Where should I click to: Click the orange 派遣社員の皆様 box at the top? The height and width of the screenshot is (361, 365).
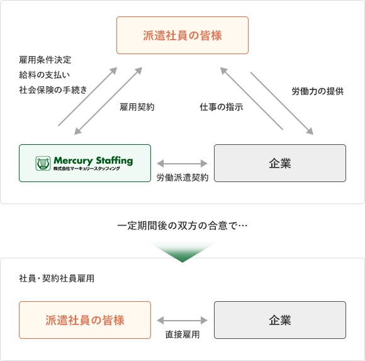182,35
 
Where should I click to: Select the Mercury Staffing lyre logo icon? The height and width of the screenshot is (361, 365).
43,163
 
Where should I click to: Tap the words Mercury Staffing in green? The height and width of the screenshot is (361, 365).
93,161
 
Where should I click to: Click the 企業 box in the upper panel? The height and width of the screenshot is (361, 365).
280,163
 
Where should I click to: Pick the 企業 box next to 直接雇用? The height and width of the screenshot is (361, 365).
280,320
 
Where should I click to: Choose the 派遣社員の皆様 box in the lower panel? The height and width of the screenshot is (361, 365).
85,320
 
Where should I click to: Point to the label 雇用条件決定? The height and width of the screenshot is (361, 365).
45,60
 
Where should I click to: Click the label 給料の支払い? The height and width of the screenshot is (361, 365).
45,75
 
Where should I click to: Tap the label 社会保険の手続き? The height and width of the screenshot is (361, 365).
53,90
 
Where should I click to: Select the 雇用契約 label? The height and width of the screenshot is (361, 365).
137,107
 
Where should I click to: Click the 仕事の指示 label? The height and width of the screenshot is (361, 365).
222,107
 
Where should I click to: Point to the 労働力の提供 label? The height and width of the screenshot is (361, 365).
318,91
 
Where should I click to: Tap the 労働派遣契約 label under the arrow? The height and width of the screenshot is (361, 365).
182,178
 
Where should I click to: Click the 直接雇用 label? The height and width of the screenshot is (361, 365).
182,335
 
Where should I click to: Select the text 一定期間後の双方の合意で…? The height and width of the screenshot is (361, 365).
182,226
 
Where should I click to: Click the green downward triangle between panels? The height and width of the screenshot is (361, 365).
182,251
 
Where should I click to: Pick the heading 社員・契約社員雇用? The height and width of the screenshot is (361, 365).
57,278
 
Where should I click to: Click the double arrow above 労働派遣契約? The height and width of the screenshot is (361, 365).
182,164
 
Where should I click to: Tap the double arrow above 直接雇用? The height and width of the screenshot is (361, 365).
182,321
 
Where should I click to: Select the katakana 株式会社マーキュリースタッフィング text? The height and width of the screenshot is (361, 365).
87,168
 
